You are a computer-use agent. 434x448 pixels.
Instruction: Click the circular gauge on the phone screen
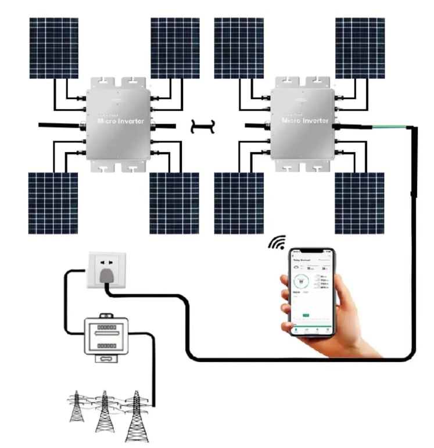301,283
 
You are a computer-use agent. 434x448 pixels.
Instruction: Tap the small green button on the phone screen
306,316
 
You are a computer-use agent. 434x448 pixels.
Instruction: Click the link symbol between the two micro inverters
203,126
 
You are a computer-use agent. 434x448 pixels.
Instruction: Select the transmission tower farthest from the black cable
76,406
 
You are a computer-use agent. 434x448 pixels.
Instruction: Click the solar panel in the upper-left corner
54,48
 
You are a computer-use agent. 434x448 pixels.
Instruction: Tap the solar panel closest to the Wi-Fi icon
238,203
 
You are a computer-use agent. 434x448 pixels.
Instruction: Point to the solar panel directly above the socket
53,203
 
